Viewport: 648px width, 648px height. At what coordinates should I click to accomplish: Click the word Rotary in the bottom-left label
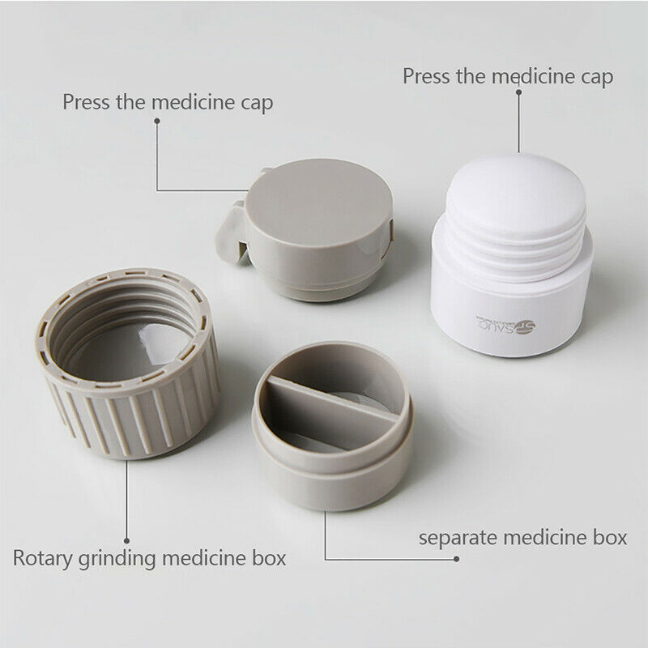coord(39,558)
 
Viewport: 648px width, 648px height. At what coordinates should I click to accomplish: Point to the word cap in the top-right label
coord(597,77)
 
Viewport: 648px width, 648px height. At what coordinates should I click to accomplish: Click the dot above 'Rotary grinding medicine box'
coord(126,538)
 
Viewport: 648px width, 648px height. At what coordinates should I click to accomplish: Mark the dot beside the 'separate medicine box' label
coord(457,559)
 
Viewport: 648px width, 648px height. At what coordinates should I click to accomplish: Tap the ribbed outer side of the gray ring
coord(122,421)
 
